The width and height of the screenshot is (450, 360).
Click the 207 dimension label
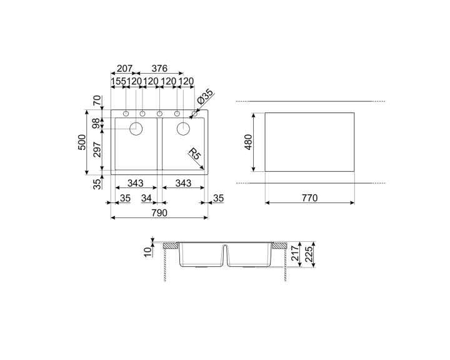coord(125,69)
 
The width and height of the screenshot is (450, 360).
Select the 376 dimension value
coord(159,69)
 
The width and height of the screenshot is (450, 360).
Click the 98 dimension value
coord(96,124)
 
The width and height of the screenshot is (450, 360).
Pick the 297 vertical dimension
coord(96,151)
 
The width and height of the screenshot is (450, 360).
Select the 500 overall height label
coord(81,142)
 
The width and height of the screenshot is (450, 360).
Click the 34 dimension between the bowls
coord(147,199)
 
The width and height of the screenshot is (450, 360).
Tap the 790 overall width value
coord(159,213)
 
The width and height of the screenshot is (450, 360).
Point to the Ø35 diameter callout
coord(206,97)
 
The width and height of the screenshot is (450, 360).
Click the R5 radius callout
coord(195,155)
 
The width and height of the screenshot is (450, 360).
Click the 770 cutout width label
coord(309,198)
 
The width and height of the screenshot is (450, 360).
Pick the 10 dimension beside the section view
coord(147,251)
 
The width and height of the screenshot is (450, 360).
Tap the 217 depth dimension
coord(294,253)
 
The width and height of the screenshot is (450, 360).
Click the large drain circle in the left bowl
coord(136,129)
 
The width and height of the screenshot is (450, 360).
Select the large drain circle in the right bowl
coord(184,129)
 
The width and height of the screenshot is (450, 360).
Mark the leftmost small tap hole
coord(126,114)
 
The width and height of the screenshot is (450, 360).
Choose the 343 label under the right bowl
coord(183,183)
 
